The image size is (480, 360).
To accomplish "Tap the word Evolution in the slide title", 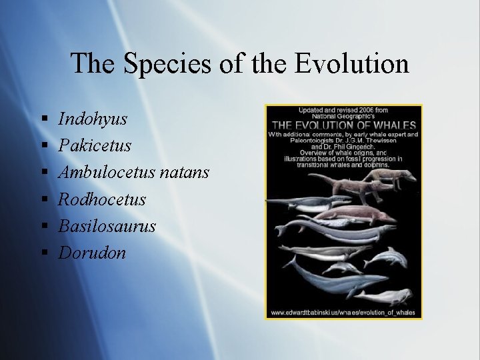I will (352, 63).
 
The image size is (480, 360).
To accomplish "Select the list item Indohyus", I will (93, 119).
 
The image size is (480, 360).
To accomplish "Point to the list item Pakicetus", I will (95, 146).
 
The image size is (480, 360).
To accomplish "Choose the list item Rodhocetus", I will (102, 199).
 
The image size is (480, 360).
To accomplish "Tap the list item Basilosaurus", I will (107, 226).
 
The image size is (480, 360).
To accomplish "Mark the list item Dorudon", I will (92, 253).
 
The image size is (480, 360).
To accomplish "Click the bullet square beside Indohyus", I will (43, 120).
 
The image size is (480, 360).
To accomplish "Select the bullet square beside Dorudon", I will (43, 253).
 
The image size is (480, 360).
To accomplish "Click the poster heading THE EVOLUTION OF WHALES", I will (344, 125).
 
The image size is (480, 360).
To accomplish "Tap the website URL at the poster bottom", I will (343, 312).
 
